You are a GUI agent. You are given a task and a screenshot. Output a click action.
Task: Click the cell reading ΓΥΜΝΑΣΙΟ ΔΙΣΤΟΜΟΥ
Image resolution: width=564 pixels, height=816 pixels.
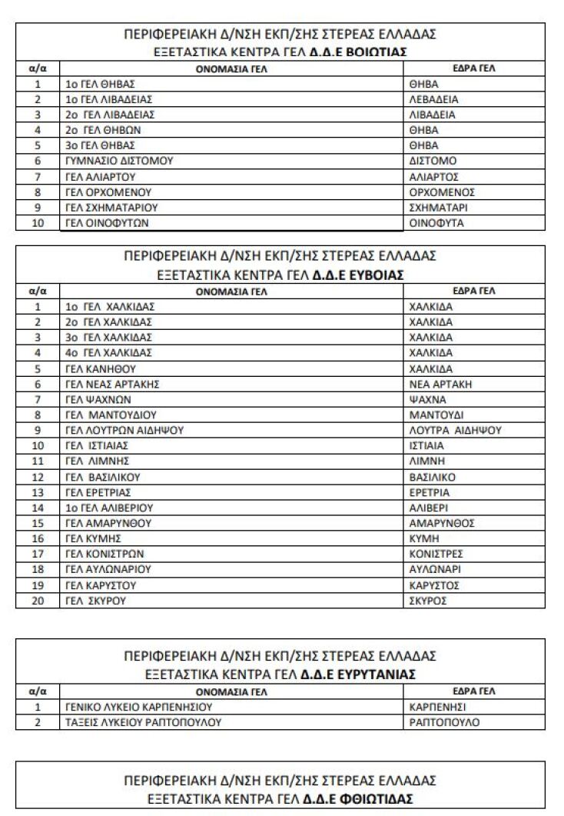pos(119,161)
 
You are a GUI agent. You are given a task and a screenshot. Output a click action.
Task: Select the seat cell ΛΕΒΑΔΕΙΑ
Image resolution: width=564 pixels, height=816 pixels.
pos(435,99)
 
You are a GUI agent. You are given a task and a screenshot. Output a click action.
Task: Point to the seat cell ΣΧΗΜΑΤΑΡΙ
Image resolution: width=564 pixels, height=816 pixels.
pos(440,208)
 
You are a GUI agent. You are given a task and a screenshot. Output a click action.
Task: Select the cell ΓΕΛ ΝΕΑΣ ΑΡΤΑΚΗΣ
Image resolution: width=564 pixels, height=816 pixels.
pos(112,384)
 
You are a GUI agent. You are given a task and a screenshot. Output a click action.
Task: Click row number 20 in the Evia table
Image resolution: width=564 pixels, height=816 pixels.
pos(37,601)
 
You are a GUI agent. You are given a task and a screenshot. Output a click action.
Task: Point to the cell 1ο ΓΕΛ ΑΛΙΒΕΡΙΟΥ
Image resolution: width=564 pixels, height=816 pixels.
pos(109,508)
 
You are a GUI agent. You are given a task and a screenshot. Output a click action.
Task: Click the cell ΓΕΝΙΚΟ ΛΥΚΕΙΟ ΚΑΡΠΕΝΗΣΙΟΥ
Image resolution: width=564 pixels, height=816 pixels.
pos(138,707)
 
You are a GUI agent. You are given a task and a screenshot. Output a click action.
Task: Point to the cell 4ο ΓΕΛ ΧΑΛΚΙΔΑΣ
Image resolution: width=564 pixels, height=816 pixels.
pos(109,353)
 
